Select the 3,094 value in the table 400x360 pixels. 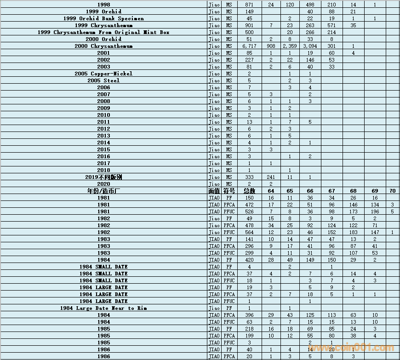coord(310,46)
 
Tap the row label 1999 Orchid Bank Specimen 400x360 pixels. coord(103,18)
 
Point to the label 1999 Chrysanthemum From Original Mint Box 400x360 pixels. coord(103,32)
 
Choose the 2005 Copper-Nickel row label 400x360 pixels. coord(103,74)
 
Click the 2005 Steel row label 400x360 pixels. coord(103,80)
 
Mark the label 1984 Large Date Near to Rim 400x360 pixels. coord(103,308)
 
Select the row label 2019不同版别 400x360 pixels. coord(103,177)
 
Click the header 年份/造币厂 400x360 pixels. coord(103,191)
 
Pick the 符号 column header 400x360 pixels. coord(229,191)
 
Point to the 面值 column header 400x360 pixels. coord(214,191)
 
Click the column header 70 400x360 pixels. coord(392,191)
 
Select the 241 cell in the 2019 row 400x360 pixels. coord(271,177)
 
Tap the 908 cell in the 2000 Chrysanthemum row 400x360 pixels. coord(271,46)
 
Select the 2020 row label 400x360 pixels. coord(103,184)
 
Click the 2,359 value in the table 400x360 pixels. coord(290,46)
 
